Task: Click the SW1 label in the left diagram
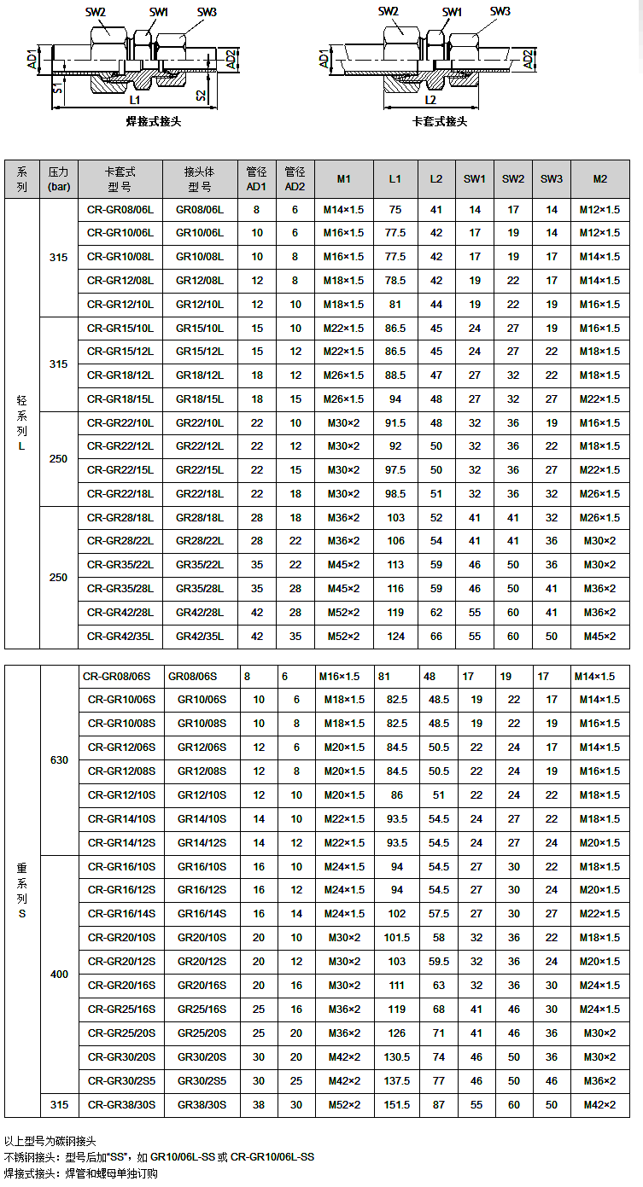point(159,12)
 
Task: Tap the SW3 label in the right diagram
point(500,11)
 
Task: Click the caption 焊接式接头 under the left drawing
point(154,121)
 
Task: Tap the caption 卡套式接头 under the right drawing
point(440,121)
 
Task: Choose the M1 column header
point(343,179)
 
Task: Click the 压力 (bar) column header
point(59,179)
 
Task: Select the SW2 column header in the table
point(513,179)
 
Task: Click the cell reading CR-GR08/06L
point(120,209)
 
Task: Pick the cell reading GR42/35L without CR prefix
point(199,637)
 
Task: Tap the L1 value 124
point(395,637)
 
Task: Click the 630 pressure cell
point(59,760)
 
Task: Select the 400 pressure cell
point(59,974)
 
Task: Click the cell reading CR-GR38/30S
point(120,1105)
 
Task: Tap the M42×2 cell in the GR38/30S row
point(599,1105)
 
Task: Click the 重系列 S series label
point(22,891)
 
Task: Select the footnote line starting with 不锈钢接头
point(159,1157)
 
